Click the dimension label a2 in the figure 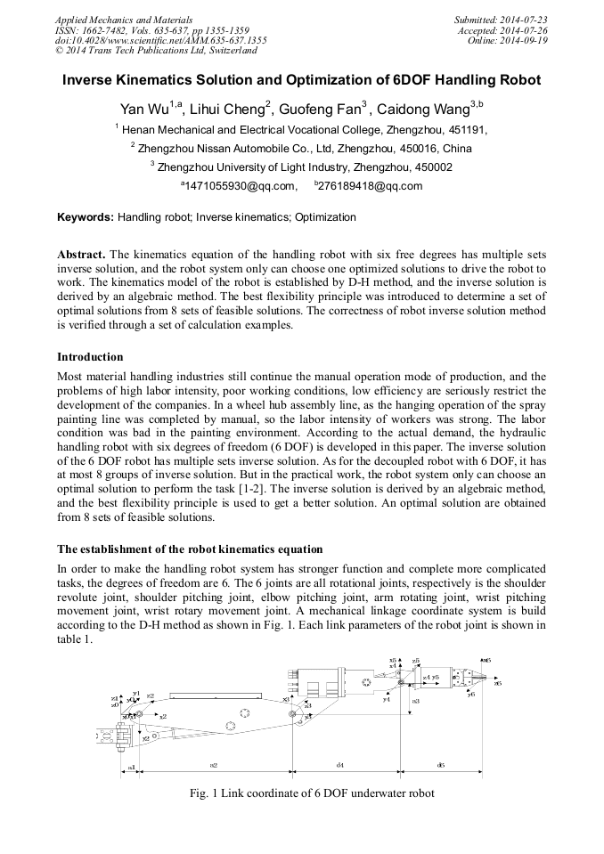214,765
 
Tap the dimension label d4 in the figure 340,765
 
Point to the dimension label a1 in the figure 132,766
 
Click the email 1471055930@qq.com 240,186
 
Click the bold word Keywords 85,217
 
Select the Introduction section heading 90,357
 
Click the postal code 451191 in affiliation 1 466,129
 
